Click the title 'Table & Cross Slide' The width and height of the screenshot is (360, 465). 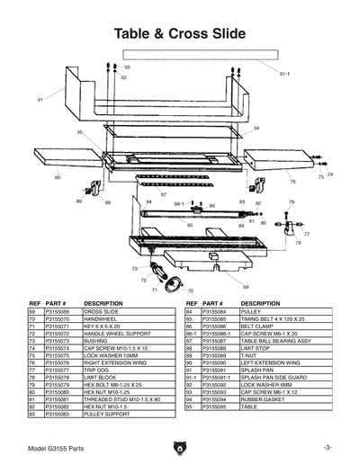180,33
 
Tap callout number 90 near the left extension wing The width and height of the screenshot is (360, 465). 58,178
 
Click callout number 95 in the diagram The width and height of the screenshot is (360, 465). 80,132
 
